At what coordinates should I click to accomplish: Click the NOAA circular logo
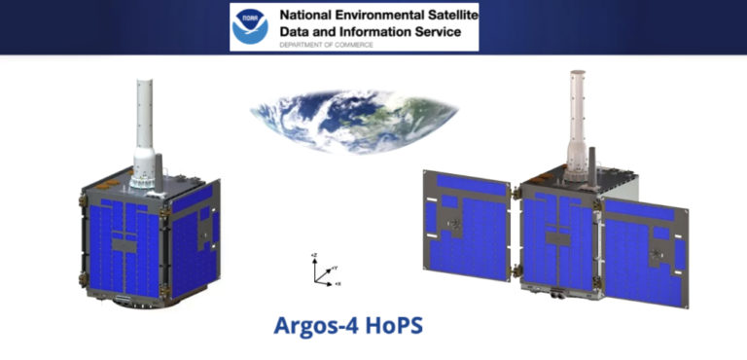click(x=251, y=27)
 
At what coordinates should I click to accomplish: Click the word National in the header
click(x=306, y=16)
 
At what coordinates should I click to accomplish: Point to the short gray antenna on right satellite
click(x=590, y=161)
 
